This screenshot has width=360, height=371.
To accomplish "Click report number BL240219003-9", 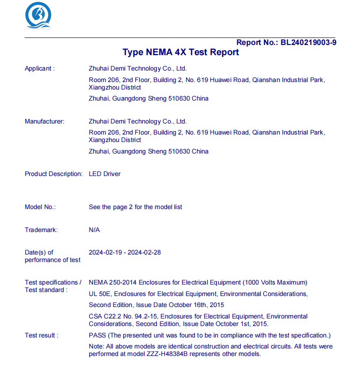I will click(308, 42).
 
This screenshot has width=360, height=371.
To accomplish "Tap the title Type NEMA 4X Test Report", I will click(181, 52).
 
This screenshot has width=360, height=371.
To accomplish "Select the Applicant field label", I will click(40, 68).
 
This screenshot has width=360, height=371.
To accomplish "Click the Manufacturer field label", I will click(44, 121).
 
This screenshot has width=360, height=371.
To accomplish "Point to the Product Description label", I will click(53, 174).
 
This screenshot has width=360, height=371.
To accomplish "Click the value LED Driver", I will click(105, 174).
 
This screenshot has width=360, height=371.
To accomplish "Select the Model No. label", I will click(40, 207).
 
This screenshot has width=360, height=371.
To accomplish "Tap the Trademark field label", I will click(41, 230).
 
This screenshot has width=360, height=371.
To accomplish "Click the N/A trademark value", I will click(94, 230).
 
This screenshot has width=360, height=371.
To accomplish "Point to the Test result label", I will click(42, 335).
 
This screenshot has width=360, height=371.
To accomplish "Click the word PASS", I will click(97, 335).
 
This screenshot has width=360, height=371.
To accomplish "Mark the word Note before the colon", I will click(96, 346).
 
